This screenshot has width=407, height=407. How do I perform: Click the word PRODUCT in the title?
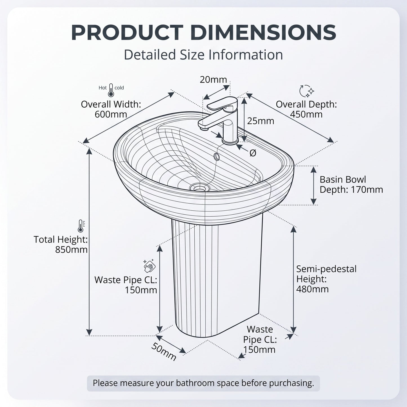coord(127,32)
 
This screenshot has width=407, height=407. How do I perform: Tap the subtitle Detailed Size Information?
coord(203,55)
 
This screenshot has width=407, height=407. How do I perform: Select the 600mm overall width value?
coord(111,114)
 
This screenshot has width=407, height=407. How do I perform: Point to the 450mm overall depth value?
coord(306,114)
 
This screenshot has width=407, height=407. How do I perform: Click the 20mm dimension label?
coord(213,80)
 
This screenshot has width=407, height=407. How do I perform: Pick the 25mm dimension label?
coord(261,121)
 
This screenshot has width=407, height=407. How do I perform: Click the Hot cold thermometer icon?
coord(111,90)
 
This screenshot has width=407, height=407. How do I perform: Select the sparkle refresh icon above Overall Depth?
coord(307,91)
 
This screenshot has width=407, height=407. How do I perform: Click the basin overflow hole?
coord(217,157)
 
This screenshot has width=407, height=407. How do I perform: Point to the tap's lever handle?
coord(222,103)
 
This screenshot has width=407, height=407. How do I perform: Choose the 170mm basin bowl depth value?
coord(367,190)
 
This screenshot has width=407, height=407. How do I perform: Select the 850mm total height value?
coord(71,250)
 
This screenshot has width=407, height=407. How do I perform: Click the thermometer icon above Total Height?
coord(81,226)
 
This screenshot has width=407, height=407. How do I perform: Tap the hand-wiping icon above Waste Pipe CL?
coord(149,266)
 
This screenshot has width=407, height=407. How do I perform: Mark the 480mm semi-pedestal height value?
coord(312,289)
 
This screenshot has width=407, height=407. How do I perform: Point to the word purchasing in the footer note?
coord(292,383)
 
